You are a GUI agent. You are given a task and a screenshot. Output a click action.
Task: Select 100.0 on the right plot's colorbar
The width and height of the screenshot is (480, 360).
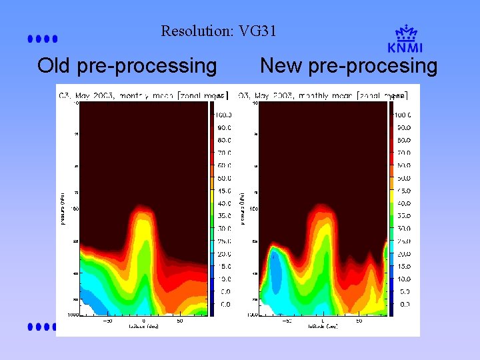pyautogui.click(x=402, y=115)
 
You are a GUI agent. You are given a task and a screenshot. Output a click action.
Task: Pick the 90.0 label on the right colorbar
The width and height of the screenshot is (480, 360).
pyautogui.click(x=402, y=127)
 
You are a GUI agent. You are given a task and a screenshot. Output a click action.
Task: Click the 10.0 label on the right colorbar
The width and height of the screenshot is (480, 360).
pyautogui.click(x=402, y=279)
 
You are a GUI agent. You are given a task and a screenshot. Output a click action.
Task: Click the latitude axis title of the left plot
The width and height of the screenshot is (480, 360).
pyautogui.click(x=143, y=327)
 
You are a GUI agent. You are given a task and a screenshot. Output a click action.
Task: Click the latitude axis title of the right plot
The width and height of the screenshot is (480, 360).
pyautogui.click(x=323, y=327)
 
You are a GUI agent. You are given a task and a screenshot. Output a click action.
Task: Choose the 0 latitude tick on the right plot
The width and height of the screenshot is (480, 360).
pyautogui.click(x=323, y=321)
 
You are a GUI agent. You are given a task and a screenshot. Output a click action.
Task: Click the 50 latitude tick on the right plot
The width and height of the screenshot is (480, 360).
pyautogui.click(x=359, y=321)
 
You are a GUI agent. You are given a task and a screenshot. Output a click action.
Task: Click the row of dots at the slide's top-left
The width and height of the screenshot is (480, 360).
pyautogui.click(x=43, y=39)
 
